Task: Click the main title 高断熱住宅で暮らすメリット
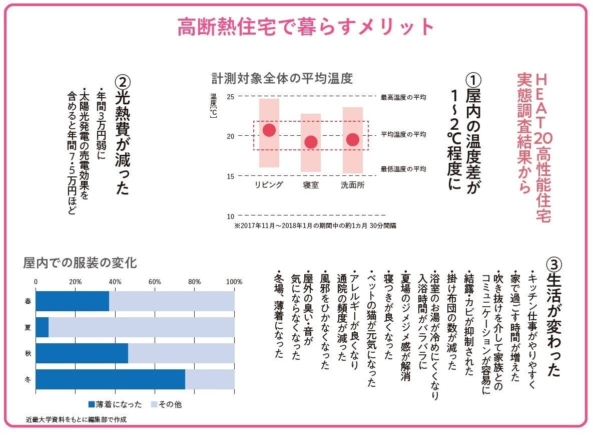click(306, 27)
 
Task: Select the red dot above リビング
click(269, 130)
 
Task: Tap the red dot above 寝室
click(311, 142)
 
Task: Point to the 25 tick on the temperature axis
click(231, 96)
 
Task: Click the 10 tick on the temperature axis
click(231, 216)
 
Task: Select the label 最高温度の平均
click(403, 97)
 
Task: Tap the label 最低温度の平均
click(403, 169)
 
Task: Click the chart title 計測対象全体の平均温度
click(282, 79)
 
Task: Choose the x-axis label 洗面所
click(352, 185)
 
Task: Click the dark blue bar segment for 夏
click(42, 327)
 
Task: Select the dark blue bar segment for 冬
click(110, 379)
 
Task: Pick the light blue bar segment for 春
click(172, 301)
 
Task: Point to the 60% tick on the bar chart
click(154, 282)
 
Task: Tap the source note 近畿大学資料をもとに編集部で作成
click(76, 420)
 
